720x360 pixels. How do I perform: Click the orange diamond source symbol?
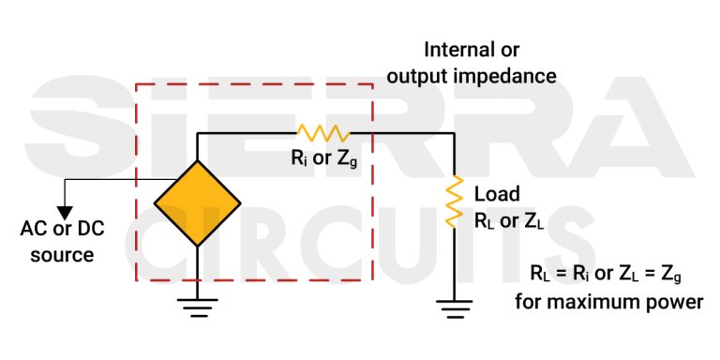197,202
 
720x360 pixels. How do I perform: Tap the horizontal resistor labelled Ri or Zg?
322,134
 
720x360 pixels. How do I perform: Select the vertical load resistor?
455,203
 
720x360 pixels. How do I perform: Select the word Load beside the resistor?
497,195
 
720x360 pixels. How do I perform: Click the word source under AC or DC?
63,254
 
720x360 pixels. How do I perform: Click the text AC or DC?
63,229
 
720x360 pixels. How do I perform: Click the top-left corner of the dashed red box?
137,85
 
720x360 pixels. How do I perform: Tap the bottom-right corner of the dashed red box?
373,279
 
